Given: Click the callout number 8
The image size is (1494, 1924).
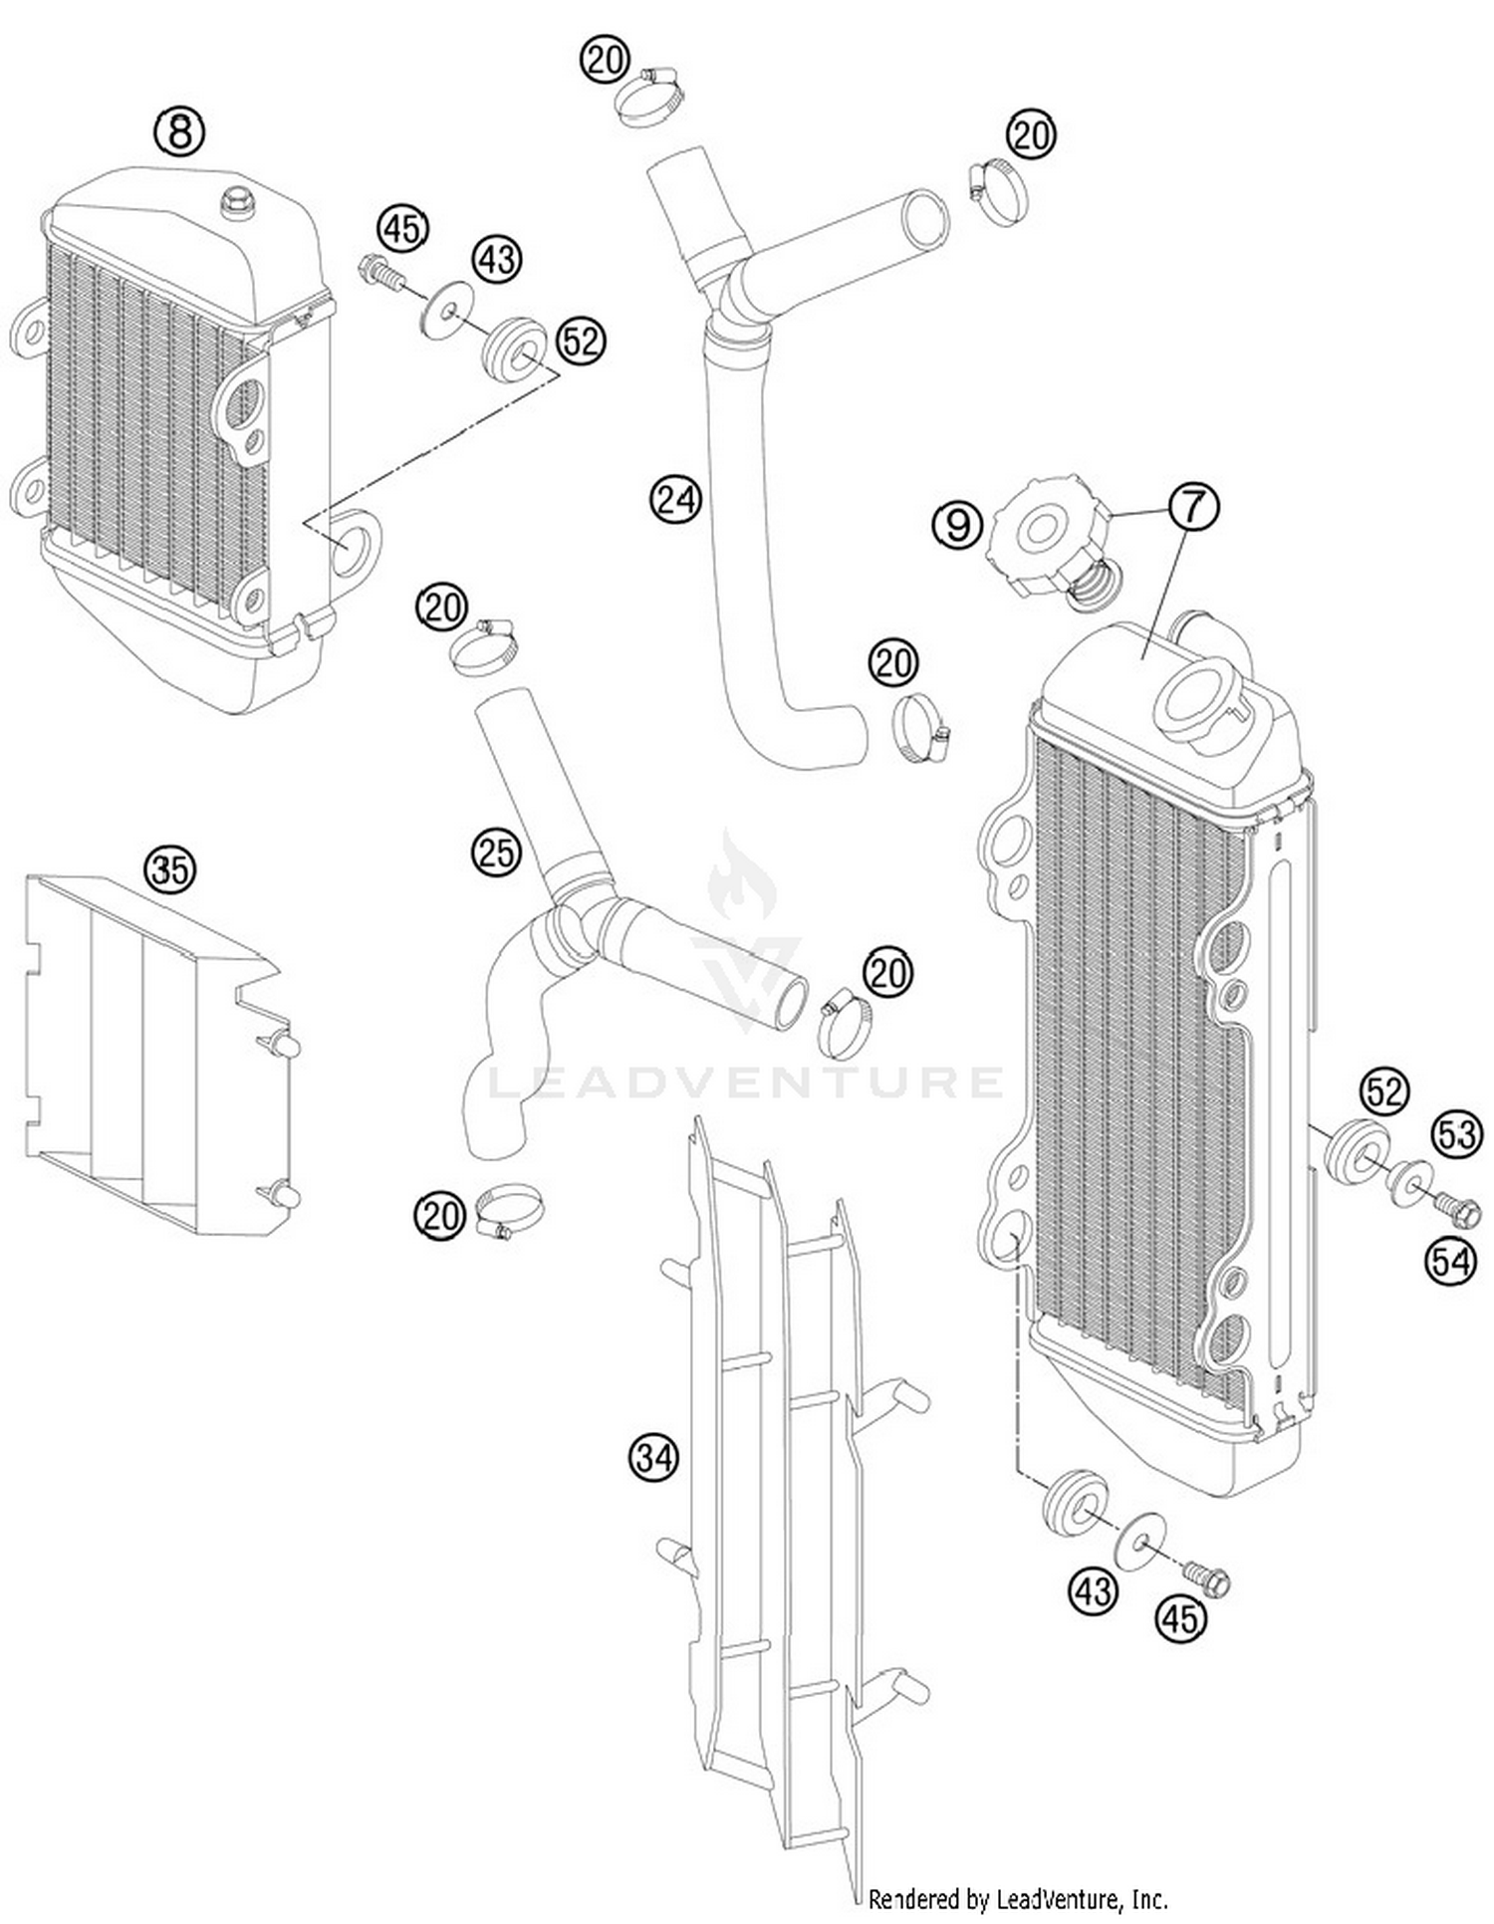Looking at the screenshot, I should (179, 131).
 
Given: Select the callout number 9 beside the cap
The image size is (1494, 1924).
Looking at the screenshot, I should (958, 524).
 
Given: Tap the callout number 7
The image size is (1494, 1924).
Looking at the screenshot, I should (1193, 507).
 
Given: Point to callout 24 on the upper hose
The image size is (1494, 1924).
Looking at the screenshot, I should (676, 498).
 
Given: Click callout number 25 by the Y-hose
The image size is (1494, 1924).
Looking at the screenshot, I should (496, 852).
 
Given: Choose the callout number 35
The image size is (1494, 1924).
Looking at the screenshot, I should (169, 869).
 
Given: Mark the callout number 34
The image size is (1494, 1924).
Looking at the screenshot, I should (653, 1458).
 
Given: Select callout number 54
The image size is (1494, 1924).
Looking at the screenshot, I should (1450, 1261).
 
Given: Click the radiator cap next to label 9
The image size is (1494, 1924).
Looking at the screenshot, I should (1046, 538).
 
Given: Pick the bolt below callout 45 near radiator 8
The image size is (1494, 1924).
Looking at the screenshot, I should (378, 271).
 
